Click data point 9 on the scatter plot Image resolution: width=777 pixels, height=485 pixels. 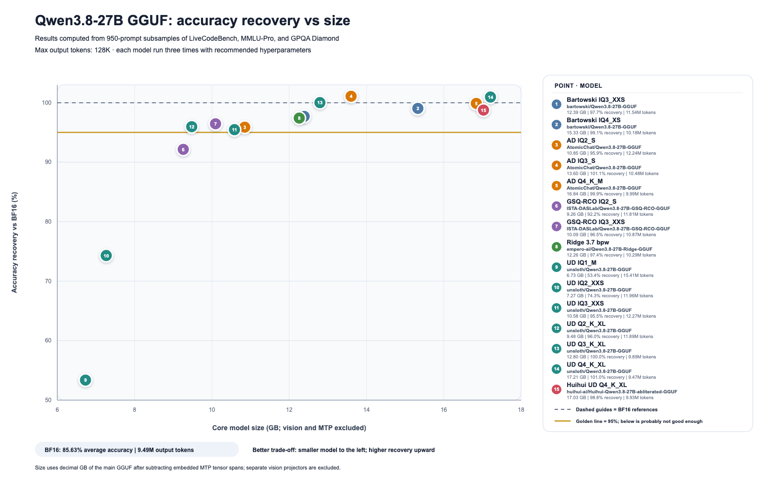pos(85,380)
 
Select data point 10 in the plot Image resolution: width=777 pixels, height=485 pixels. pos(106,256)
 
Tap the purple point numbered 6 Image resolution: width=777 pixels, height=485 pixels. pos(183,149)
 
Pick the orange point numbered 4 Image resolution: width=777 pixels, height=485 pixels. pos(351,97)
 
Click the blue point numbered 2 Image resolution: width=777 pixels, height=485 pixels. pos(418,109)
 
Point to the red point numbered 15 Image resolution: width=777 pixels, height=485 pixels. pos(483,110)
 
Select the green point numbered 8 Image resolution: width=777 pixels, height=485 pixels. pos(299,118)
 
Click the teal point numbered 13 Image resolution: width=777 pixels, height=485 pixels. pos(320,102)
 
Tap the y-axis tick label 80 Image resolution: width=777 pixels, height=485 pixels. pos(48,221)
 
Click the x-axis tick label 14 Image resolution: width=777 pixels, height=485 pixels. pos(366,410)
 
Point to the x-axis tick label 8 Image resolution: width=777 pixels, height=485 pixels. pos(135,410)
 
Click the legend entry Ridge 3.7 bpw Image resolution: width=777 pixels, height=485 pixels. pos(588,242)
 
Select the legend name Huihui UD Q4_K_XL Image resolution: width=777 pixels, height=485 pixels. pos(597,385)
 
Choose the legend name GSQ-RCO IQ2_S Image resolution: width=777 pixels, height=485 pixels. pos(591,202)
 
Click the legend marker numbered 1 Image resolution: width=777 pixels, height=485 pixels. pos(557,104)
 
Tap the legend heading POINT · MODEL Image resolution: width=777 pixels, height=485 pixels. pos(578,85)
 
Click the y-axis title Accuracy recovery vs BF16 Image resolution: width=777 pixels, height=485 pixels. pos(14,242)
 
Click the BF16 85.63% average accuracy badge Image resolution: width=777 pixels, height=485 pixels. pos(136,450)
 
